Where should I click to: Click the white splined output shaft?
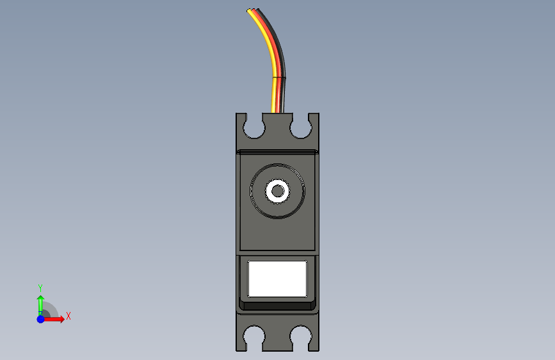click(278, 191)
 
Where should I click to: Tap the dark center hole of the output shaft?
click(278, 191)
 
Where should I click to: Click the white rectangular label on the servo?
click(278, 279)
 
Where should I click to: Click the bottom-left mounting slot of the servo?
click(254, 336)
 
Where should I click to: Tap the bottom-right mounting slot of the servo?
click(301, 336)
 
